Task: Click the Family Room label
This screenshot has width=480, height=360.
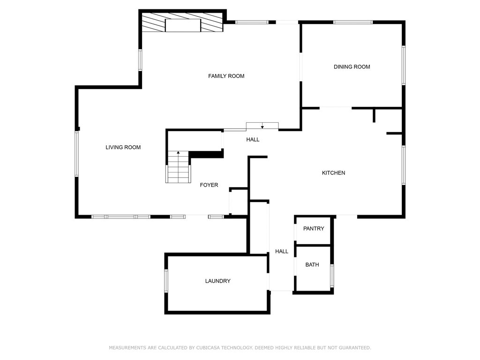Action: click(x=226, y=76)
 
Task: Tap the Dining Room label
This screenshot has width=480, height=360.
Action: click(x=352, y=67)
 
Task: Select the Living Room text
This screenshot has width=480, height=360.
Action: click(x=123, y=147)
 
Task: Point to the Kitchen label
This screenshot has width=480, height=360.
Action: click(x=333, y=173)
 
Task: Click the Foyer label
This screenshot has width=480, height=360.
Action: click(x=209, y=185)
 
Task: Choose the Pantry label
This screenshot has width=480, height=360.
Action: click(x=314, y=229)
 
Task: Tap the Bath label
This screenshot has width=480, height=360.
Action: click(x=312, y=265)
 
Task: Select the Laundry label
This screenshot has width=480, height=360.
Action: click(x=217, y=281)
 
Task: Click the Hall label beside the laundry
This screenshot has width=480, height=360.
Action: click(x=282, y=252)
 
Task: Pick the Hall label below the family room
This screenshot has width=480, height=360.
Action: click(x=253, y=140)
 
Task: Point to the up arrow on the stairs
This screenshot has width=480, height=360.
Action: click(x=178, y=153)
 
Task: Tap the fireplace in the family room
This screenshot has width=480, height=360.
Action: click(x=183, y=25)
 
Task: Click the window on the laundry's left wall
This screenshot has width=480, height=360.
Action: click(x=166, y=280)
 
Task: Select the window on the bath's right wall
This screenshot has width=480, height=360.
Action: click(x=332, y=276)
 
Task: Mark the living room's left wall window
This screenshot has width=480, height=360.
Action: click(x=77, y=154)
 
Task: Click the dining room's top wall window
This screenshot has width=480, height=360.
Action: click(x=352, y=22)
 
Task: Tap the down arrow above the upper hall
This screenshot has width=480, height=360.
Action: click(x=262, y=126)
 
